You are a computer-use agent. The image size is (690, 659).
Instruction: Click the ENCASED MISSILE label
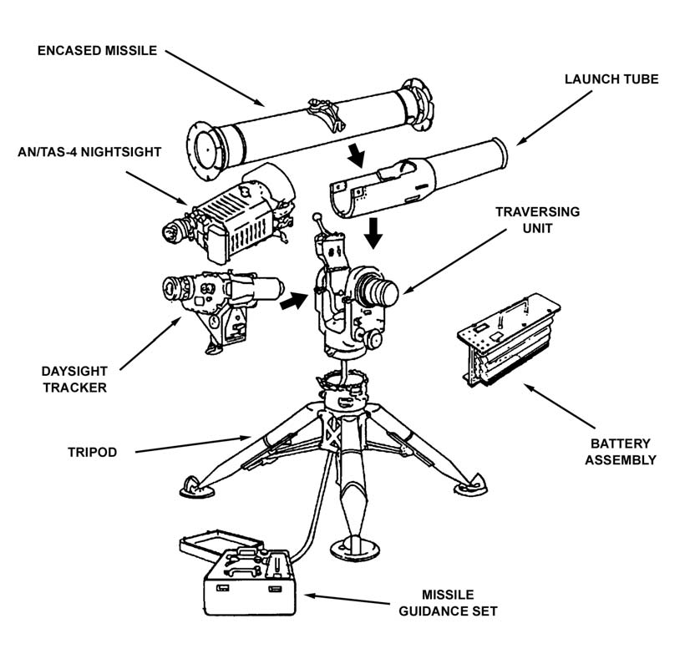97,50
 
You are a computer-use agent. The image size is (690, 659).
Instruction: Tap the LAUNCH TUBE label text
611,79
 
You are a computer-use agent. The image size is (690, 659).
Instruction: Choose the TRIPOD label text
92,453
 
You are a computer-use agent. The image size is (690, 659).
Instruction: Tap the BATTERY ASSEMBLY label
620,452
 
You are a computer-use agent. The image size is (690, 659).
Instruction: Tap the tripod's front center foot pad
355,548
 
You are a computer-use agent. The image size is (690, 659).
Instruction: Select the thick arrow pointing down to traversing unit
373,232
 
